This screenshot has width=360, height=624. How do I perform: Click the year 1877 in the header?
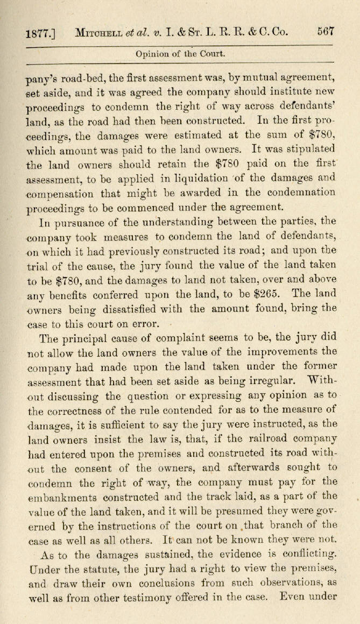point(36,33)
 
